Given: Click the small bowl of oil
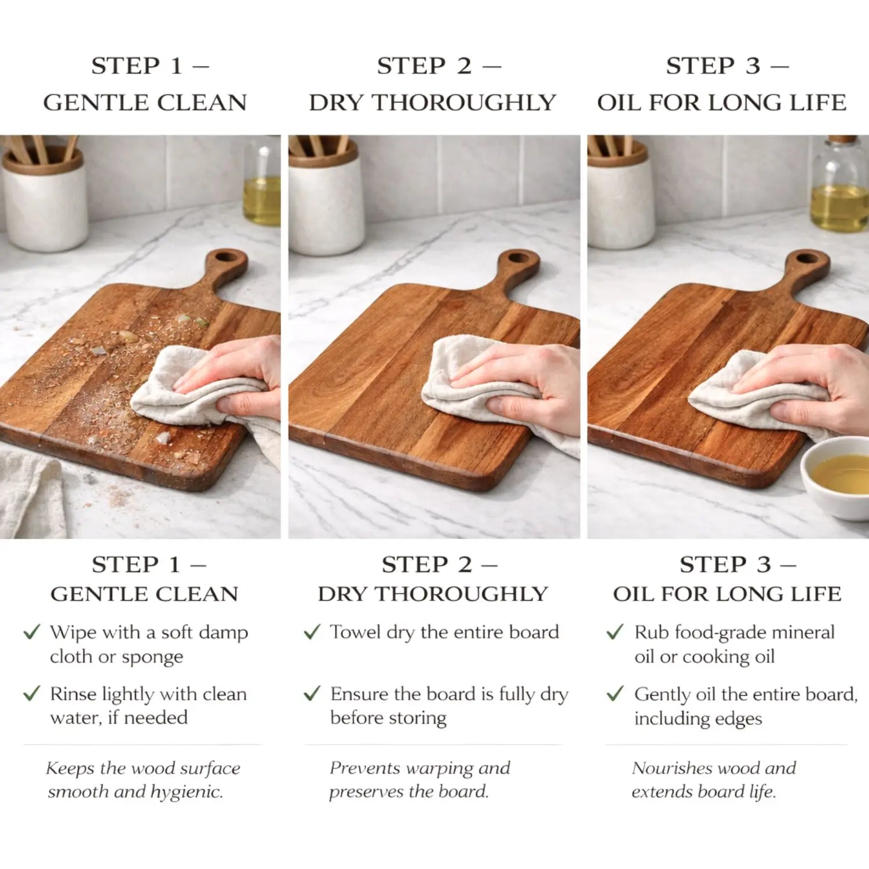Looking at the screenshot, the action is coord(836,477).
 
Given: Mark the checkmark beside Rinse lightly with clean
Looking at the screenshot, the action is coord(32,693).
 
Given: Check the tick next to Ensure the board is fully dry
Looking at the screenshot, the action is coord(312,693).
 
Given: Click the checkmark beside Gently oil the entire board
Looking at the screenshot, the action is coord(615,693).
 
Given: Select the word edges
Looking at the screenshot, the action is coord(736,720).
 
